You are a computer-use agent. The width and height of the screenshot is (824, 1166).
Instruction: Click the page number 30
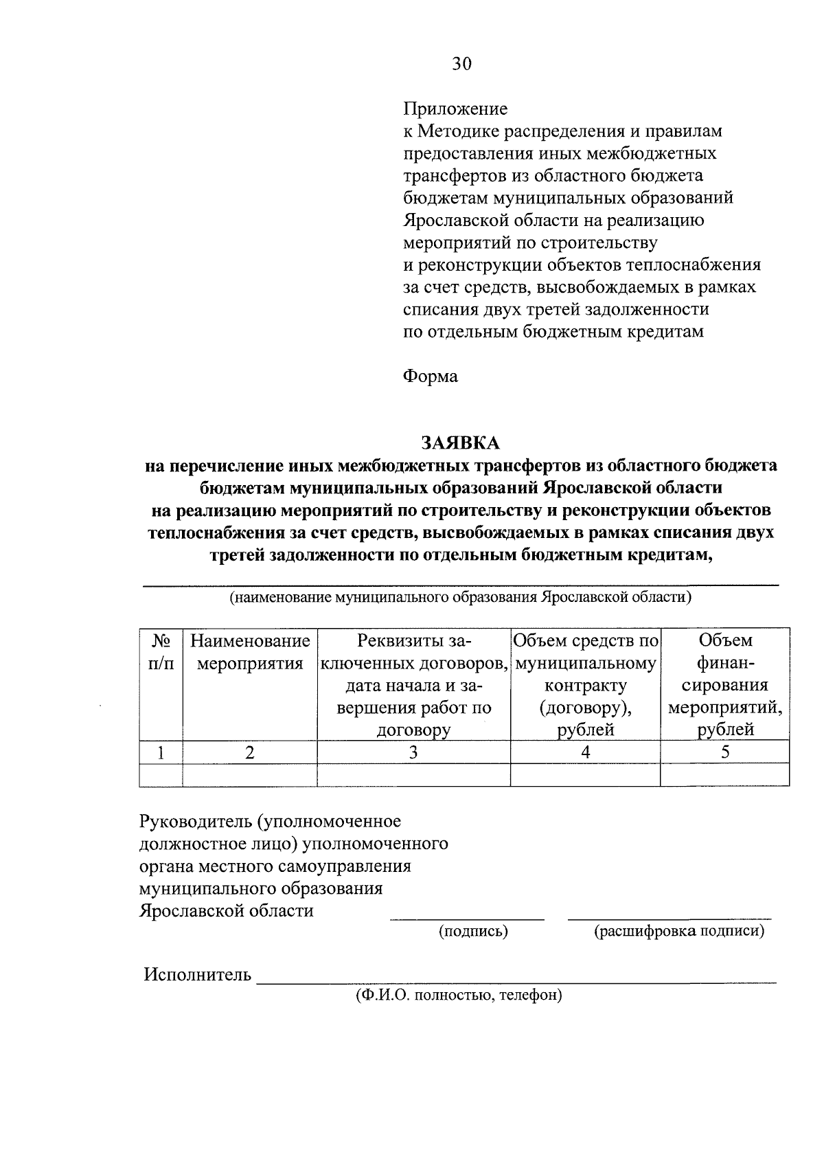[x=461, y=64]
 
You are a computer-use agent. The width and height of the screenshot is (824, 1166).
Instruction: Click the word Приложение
[x=455, y=109]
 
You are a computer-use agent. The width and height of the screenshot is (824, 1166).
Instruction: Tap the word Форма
[x=430, y=377]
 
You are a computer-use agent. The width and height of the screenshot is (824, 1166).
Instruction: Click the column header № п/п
[x=161, y=652]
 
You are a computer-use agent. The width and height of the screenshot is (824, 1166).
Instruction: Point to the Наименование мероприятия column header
[x=250, y=652]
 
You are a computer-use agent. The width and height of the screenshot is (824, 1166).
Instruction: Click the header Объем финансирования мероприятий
[x=725, y=684]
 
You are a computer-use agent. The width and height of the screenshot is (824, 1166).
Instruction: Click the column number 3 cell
[x=413, y=752]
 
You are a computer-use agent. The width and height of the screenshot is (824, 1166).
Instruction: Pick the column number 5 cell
[x=725, y=752]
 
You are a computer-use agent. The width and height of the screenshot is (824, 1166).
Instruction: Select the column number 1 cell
[x=161, y=752]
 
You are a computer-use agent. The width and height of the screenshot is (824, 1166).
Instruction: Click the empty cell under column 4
[x=585, y=775]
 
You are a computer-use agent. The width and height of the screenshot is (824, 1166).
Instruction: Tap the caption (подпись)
[x=473, y=932]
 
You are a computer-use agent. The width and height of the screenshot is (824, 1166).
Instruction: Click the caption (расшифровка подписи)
[x=678, y=932]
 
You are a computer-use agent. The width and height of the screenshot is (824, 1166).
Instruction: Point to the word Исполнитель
[x=197, y=974]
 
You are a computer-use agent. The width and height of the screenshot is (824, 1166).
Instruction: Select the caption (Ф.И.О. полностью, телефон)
[x=458, y=995]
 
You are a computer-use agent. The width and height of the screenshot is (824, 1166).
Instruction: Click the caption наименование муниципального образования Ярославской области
[x=460, y=597]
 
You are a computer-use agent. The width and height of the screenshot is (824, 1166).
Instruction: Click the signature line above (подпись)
[x=467, y=919]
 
